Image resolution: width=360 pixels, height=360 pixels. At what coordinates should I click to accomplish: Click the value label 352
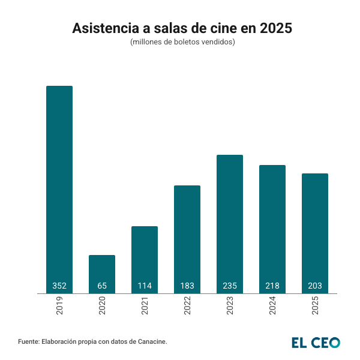(x=59, y=286)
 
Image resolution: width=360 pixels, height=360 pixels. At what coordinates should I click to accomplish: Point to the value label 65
(x=102, y=286)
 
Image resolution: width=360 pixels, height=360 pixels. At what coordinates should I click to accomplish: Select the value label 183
(x=187, y=286)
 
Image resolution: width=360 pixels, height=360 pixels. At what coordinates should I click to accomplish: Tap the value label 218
(x=272, y=286)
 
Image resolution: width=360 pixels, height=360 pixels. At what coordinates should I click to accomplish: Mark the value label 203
(x=315, y=286)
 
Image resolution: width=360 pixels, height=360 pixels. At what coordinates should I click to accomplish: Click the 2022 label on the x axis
(x=187, y=307)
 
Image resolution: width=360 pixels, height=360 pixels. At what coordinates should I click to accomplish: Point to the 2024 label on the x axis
(x=272, y=307)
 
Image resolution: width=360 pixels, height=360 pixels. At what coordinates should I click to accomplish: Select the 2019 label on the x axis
(x=59, y=307)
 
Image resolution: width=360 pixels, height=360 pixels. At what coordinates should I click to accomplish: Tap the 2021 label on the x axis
(x=145, y=307)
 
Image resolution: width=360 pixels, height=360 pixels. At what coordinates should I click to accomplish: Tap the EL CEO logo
(x=316, y=342)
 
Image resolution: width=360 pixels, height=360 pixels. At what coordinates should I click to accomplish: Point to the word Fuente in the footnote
(x=29, y=341)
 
